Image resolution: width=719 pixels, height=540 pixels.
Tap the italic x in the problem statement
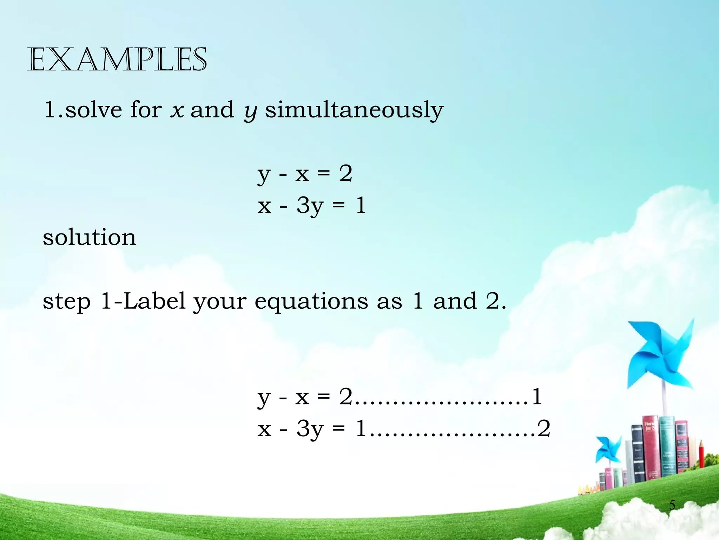pos(177,110)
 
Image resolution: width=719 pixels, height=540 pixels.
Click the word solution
pos(90,237)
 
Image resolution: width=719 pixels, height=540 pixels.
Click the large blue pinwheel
pos(660,355)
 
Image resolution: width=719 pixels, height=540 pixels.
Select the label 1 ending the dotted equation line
pos(537,397)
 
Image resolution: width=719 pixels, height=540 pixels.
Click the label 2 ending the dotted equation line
pos(544,429)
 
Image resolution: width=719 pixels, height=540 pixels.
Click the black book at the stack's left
pos(637,454)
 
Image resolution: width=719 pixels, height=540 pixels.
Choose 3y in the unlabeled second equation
pos(310,206)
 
